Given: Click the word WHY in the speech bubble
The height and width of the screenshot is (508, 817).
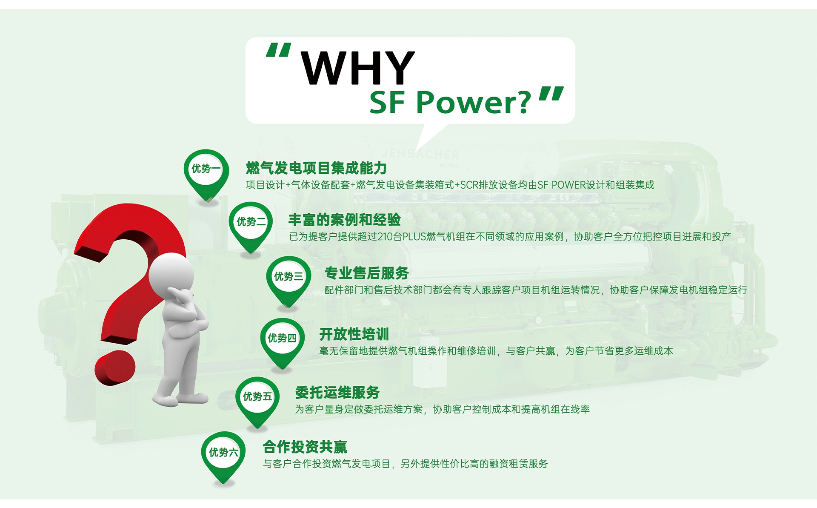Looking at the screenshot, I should (x=357, y=68).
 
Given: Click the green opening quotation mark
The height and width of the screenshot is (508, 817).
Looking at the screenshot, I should (x=279, y=50).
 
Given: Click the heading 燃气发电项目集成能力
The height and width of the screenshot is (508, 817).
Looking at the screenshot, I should (x=316, y=168).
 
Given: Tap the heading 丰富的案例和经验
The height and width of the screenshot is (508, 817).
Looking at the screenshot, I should (x=344, y=220).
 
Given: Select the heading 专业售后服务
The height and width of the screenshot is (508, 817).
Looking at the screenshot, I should (x=366, y=273).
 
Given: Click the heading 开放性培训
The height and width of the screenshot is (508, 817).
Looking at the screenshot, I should (x=354, y=334).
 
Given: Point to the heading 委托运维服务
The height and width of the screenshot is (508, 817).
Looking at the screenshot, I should (x=337, y=392).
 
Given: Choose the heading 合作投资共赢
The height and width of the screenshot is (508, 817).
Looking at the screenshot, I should (x=305, y=447).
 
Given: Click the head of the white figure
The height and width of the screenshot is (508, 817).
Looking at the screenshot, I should (x=171, y=275).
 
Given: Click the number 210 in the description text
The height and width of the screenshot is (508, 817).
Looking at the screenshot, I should (x=385, y=237).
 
